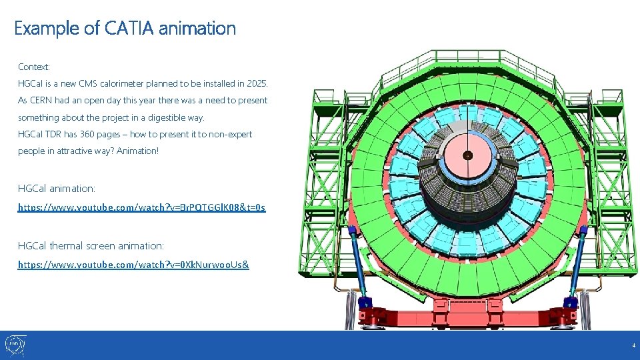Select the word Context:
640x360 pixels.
(34, 67)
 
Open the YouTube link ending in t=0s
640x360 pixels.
(141, 208)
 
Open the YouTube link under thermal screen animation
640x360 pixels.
(133, 265)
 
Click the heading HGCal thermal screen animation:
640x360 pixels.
(91, 246)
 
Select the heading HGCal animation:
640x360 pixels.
(57, 189)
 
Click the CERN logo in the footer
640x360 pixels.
(15, 345)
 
